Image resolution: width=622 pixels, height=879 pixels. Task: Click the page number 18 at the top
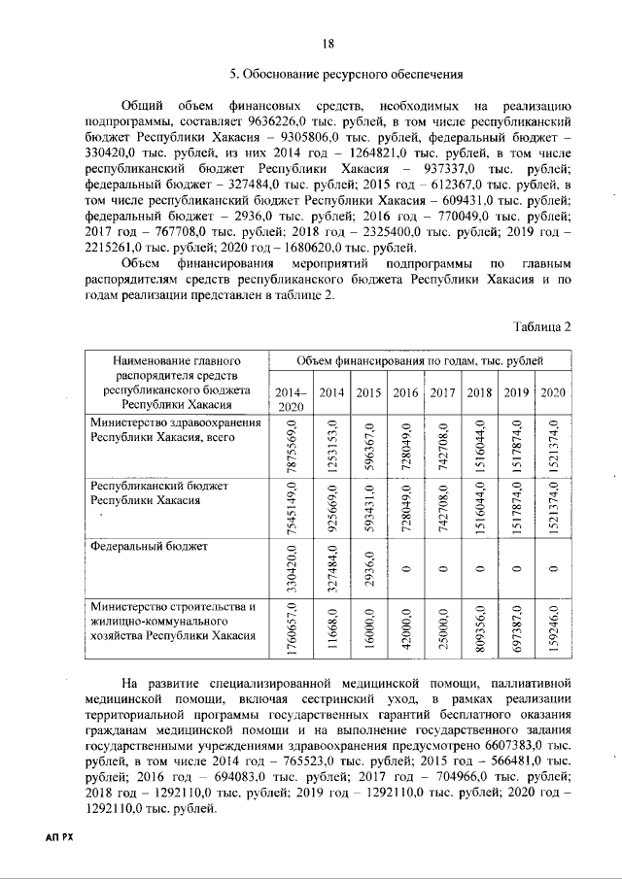328,42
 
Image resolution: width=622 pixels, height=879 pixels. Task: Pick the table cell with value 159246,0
552,629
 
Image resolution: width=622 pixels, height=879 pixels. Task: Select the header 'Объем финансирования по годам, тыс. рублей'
420,360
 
